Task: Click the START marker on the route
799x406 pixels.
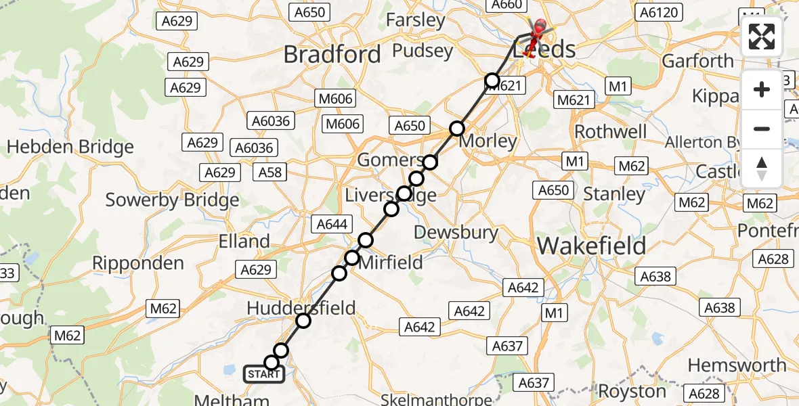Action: click(263, 374)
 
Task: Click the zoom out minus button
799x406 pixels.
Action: click(762, 129)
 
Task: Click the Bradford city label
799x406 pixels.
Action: click(332, 54)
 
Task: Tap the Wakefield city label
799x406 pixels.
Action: click(591, 246)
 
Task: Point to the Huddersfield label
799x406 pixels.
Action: click(301, 309)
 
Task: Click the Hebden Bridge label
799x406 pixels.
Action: click(70, 147)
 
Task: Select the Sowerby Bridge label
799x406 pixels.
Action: click(173, 200)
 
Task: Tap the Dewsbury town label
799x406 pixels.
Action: click(456, 232)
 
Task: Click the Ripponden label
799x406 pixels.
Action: click(138, 263)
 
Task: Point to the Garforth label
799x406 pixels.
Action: click(697, 61)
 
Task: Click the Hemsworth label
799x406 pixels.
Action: click(737, 365)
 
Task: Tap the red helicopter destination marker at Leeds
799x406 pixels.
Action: click(539, 31)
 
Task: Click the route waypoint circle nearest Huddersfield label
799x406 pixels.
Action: click(303, 320)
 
